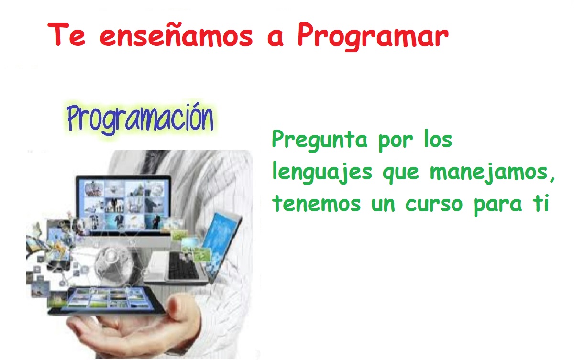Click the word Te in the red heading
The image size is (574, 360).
click(66, 34)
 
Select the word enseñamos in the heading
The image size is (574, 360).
click(177, 34)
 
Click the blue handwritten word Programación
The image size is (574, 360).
click(140, 119)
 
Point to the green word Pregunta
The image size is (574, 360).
click(320, 141)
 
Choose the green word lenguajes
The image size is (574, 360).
click(322, 173)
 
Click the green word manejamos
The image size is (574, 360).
click(492, 173)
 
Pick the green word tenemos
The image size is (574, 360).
click(317, 204)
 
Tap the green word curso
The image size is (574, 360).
click(434, 204)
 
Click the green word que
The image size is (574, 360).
click(401, 174)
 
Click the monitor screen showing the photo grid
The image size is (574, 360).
click(123, 204)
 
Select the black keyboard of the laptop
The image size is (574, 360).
click(183, 266)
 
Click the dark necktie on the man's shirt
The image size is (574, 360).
click(153, 164)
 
